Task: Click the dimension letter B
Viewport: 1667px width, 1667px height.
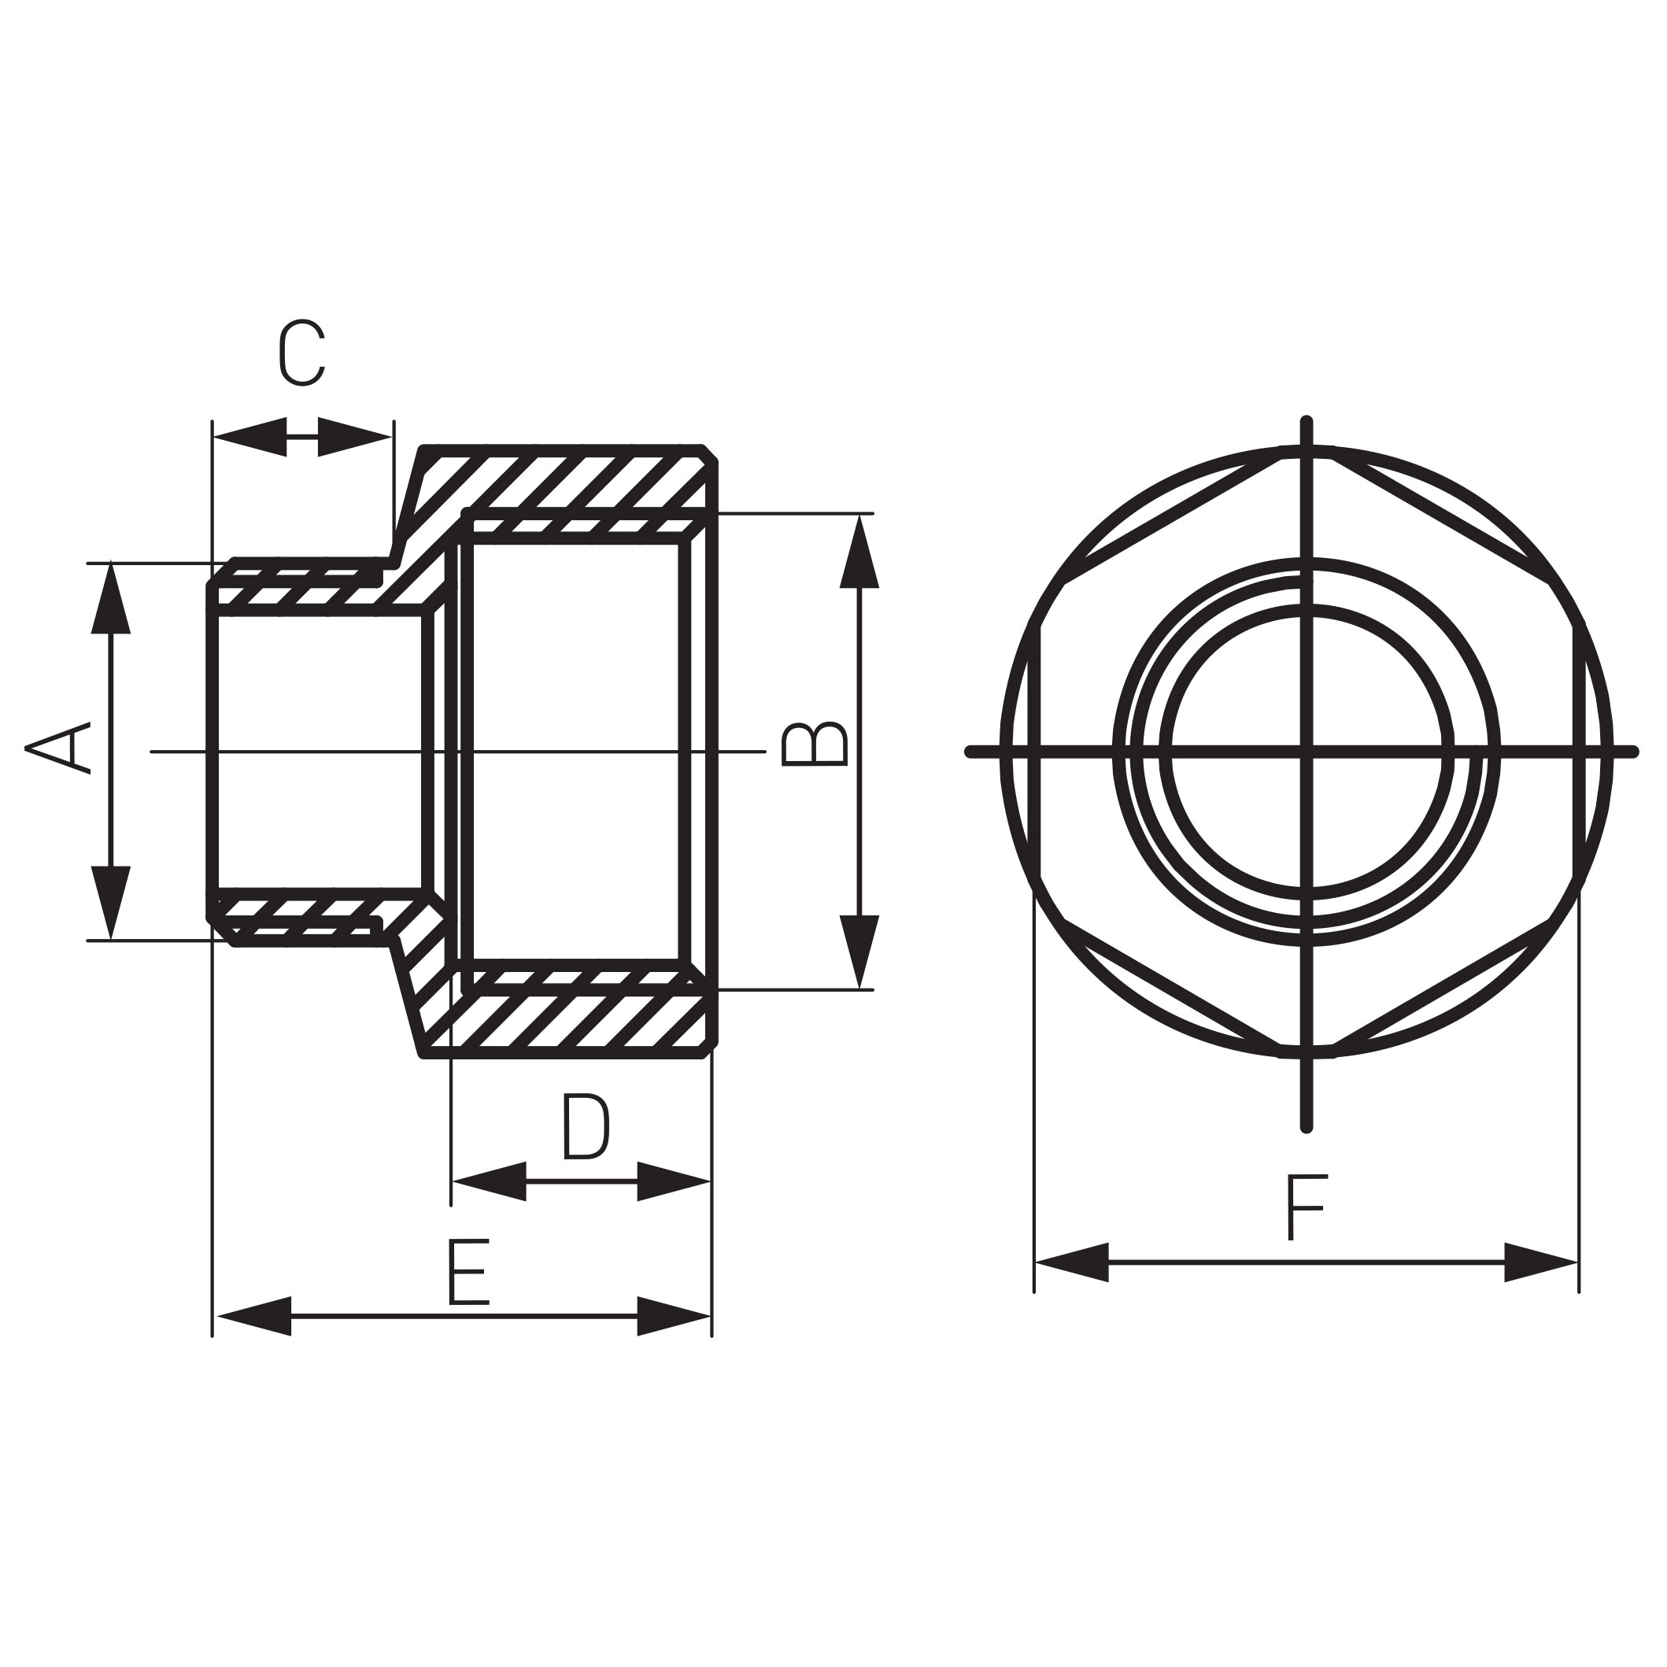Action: (814, 743)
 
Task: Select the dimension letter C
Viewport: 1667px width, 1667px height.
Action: (302, 353)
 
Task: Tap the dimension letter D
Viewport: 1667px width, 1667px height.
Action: (586, 1127)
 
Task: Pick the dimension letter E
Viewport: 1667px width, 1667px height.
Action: (468, 1273)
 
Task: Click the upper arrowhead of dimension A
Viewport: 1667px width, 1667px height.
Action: (110, 600)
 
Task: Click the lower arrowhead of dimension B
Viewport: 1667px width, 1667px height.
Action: (859, 950)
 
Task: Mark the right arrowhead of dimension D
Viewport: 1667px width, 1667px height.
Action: (674, 1181)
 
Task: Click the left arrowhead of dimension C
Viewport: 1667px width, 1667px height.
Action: (250, 437)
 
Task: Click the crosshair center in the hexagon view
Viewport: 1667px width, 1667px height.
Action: (1307, 752)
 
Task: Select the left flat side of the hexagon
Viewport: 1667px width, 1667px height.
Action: (1036, 752)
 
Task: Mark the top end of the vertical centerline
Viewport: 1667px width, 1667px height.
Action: (1307, 422)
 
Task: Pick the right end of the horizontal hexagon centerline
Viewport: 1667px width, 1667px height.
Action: (1632, 752)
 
